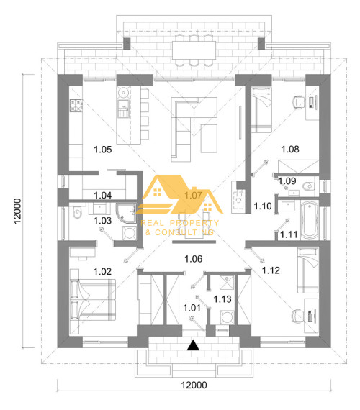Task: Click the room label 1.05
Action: click(x=103, y=150)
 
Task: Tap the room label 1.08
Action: click(x=290, y=150)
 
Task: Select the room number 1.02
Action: click(x=103, y=272)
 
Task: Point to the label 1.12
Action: click(x=271, y=270)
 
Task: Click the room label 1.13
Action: click(x=222, y=299)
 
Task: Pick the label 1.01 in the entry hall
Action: click(x=192, y=308)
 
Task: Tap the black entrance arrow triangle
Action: click(x=193, y=345)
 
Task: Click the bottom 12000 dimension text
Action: click(x=194, y=385)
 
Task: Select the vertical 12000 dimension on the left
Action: click(x=17, y=211)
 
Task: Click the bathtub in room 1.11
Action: click(x=310, y=220)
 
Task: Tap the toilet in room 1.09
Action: click(x=309, y=186)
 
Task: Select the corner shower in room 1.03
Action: click(x=126, y=213)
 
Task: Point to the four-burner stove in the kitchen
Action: click(x=76, y=106)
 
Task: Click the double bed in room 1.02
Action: click(x=93, y=300)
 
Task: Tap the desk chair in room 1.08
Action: click(x=298, y=101)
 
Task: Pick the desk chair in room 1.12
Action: click(x=298, y=316)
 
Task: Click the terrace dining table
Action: click(x=194, y=50)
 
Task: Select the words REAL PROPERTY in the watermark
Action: click(x=179, y=223)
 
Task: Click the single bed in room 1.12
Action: click(x=308, y=270)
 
